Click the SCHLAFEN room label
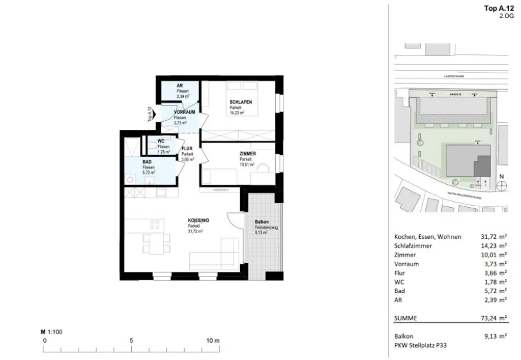[x=241, y=102]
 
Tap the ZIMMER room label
[x=248, y=154]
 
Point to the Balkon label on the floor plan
[x=262, y=222]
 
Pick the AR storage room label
[x=180, y=86]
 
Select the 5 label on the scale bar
[x=131, y=340]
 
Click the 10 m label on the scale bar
[x=213, y=340]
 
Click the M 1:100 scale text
[x=51, y=332]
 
